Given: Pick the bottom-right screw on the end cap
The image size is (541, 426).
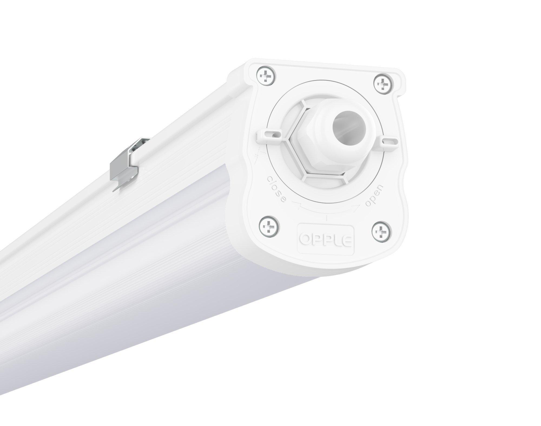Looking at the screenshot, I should click(x=381, y=230).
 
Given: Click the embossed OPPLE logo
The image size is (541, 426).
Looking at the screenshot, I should click(x=326, y=239).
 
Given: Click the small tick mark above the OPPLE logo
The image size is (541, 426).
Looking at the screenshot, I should click(x=327, y=217).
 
